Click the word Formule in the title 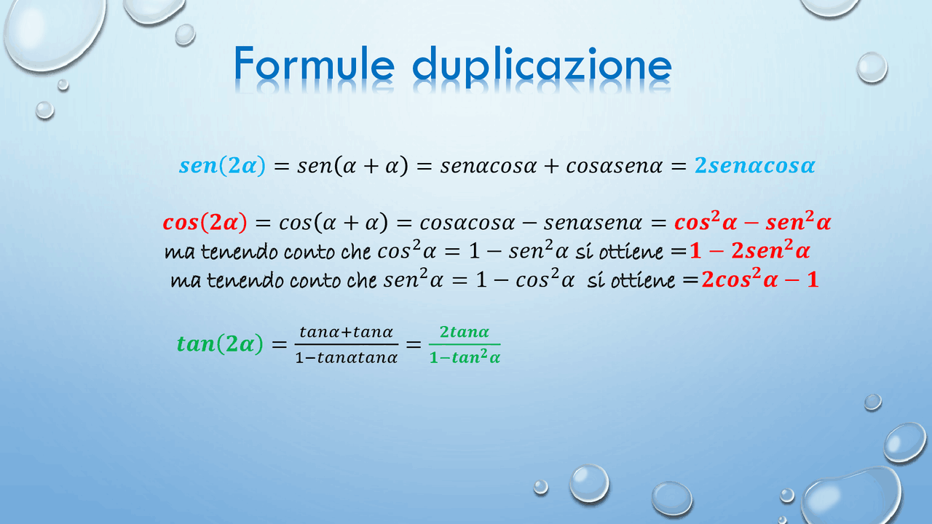click(314, 63)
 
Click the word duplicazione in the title click(542, 66)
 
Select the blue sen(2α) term click(222, 165)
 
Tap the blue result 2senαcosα click(755, 165)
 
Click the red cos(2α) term click(205, 223)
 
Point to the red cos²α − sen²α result click(753, 221)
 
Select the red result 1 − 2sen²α click(750, 250)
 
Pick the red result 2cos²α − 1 click(760, 279)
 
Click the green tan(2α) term click(220, 344)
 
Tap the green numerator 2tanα click(465, 332)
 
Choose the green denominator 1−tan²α click(465, 357)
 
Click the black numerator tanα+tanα click(346, 332)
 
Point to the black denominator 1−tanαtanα click(346, 357)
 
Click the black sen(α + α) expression click(353, 166)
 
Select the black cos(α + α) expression click(333, 223)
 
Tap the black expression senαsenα click(593, 223)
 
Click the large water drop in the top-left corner click(54, 33)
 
